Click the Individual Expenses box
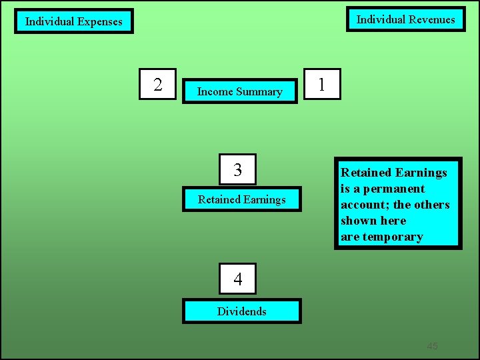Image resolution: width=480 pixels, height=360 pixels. [x=74, y=21]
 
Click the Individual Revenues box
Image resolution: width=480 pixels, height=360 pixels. [x=405, y=19]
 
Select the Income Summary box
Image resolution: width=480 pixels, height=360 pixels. [x=239, y=91]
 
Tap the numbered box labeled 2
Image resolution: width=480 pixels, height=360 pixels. [x=157, y=84]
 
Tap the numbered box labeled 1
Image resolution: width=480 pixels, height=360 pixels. [x=322, y=84]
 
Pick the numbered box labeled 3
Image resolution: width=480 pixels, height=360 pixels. [x=238, y=170]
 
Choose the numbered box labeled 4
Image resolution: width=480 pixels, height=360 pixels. [x=238, y=279]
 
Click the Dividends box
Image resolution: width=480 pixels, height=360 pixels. [x=241, y=311]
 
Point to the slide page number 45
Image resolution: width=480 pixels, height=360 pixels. [x=432, y=346]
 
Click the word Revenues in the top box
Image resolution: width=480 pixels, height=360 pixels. [x=429, y=19]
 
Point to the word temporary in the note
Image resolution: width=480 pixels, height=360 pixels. [x=393, y=237]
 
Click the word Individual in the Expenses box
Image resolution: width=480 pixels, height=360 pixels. [x=49, y=21]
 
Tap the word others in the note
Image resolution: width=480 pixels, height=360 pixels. [x=431, y=205]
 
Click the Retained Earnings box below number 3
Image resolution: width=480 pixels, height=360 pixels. [x=241, y=199]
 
